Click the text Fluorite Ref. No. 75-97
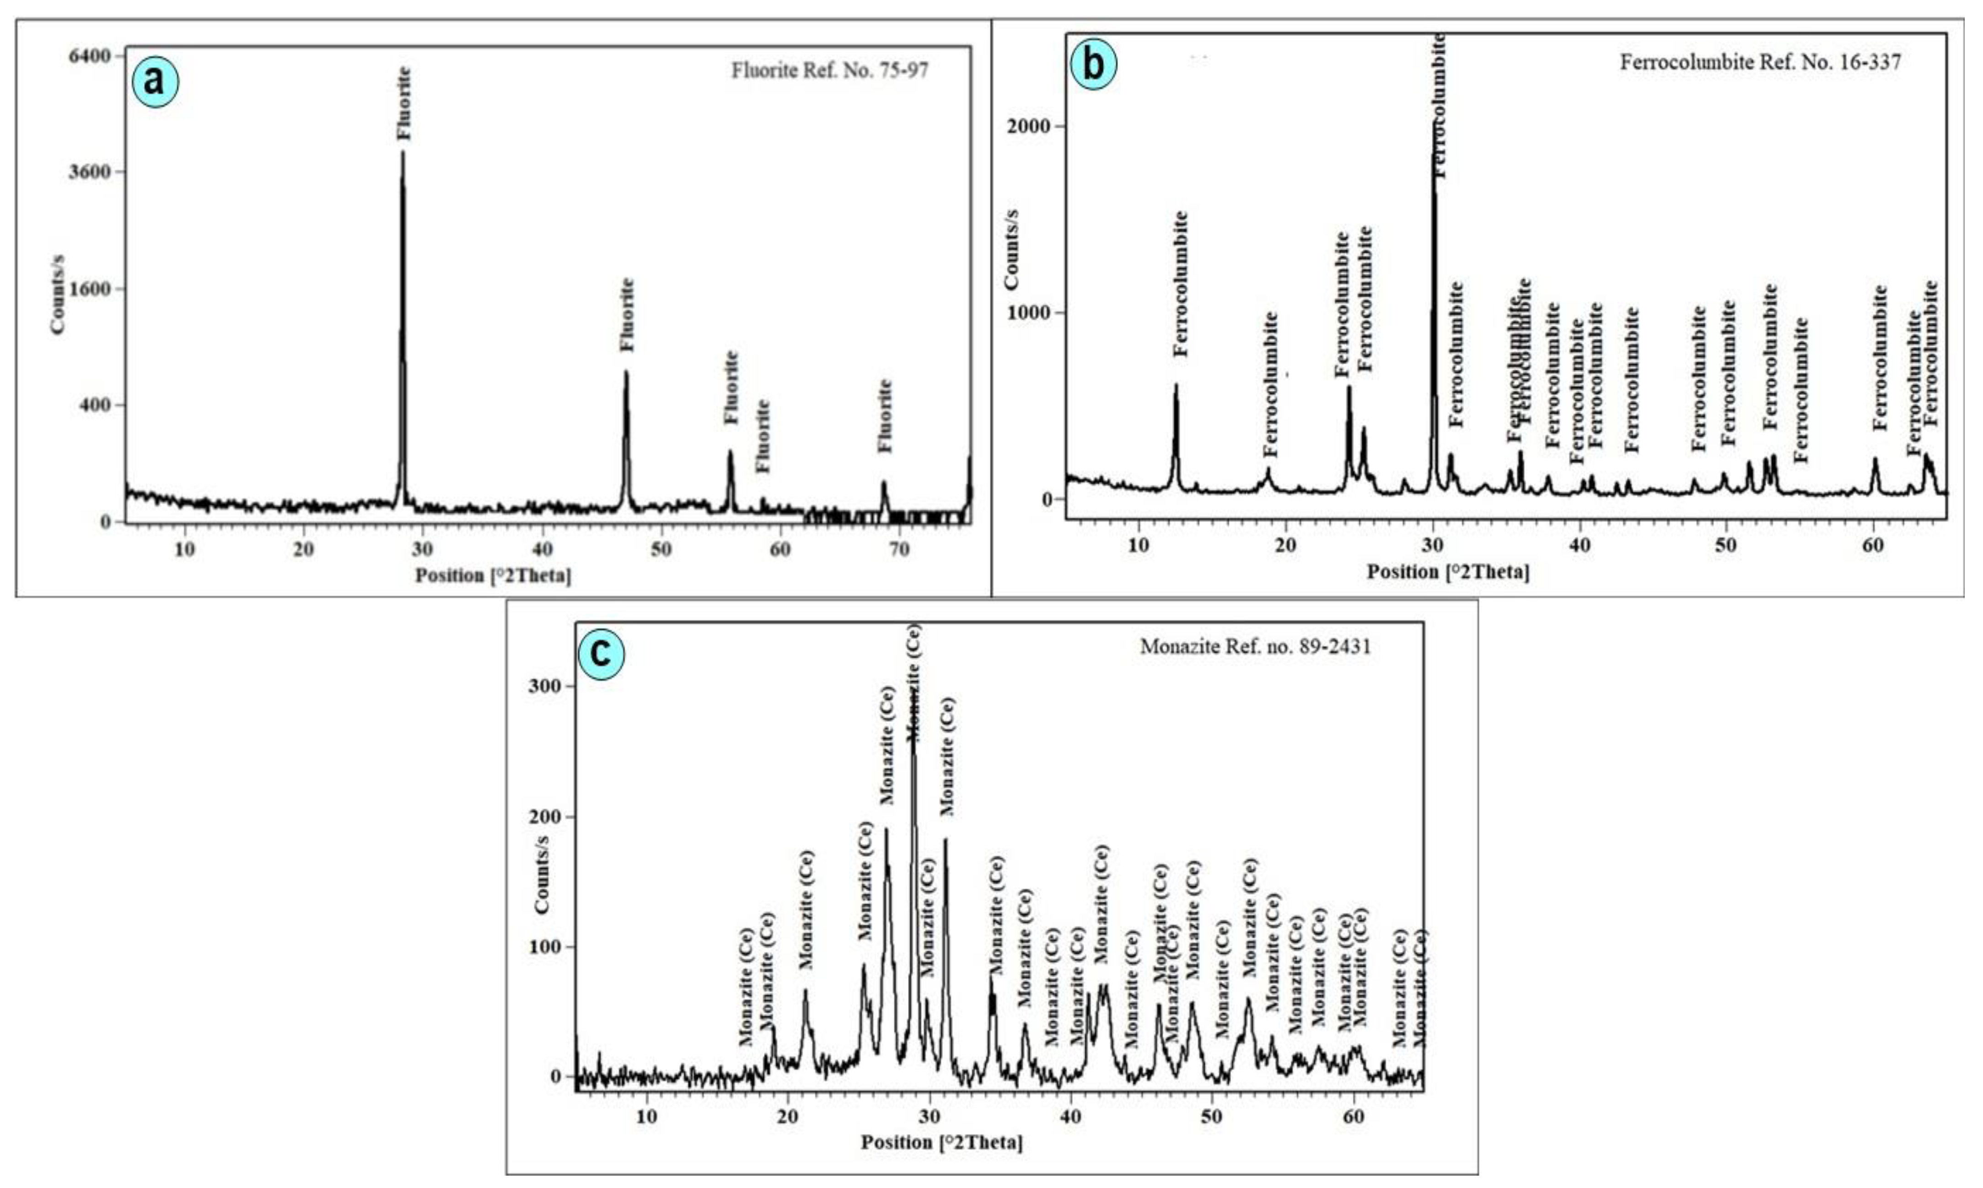(829, 70)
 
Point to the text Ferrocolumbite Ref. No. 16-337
(1760, 62)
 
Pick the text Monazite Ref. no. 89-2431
(1254, 646)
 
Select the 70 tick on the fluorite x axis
(899, 549)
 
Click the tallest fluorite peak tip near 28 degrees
(403, 152)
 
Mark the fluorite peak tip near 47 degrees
(626, 371)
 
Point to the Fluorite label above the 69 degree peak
(884, 416)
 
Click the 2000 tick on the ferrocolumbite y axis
(1029, 126)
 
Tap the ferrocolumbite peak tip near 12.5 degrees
(1176, 385)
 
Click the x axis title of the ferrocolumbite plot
(1447, 572)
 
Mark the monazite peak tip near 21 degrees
(806, 990)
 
